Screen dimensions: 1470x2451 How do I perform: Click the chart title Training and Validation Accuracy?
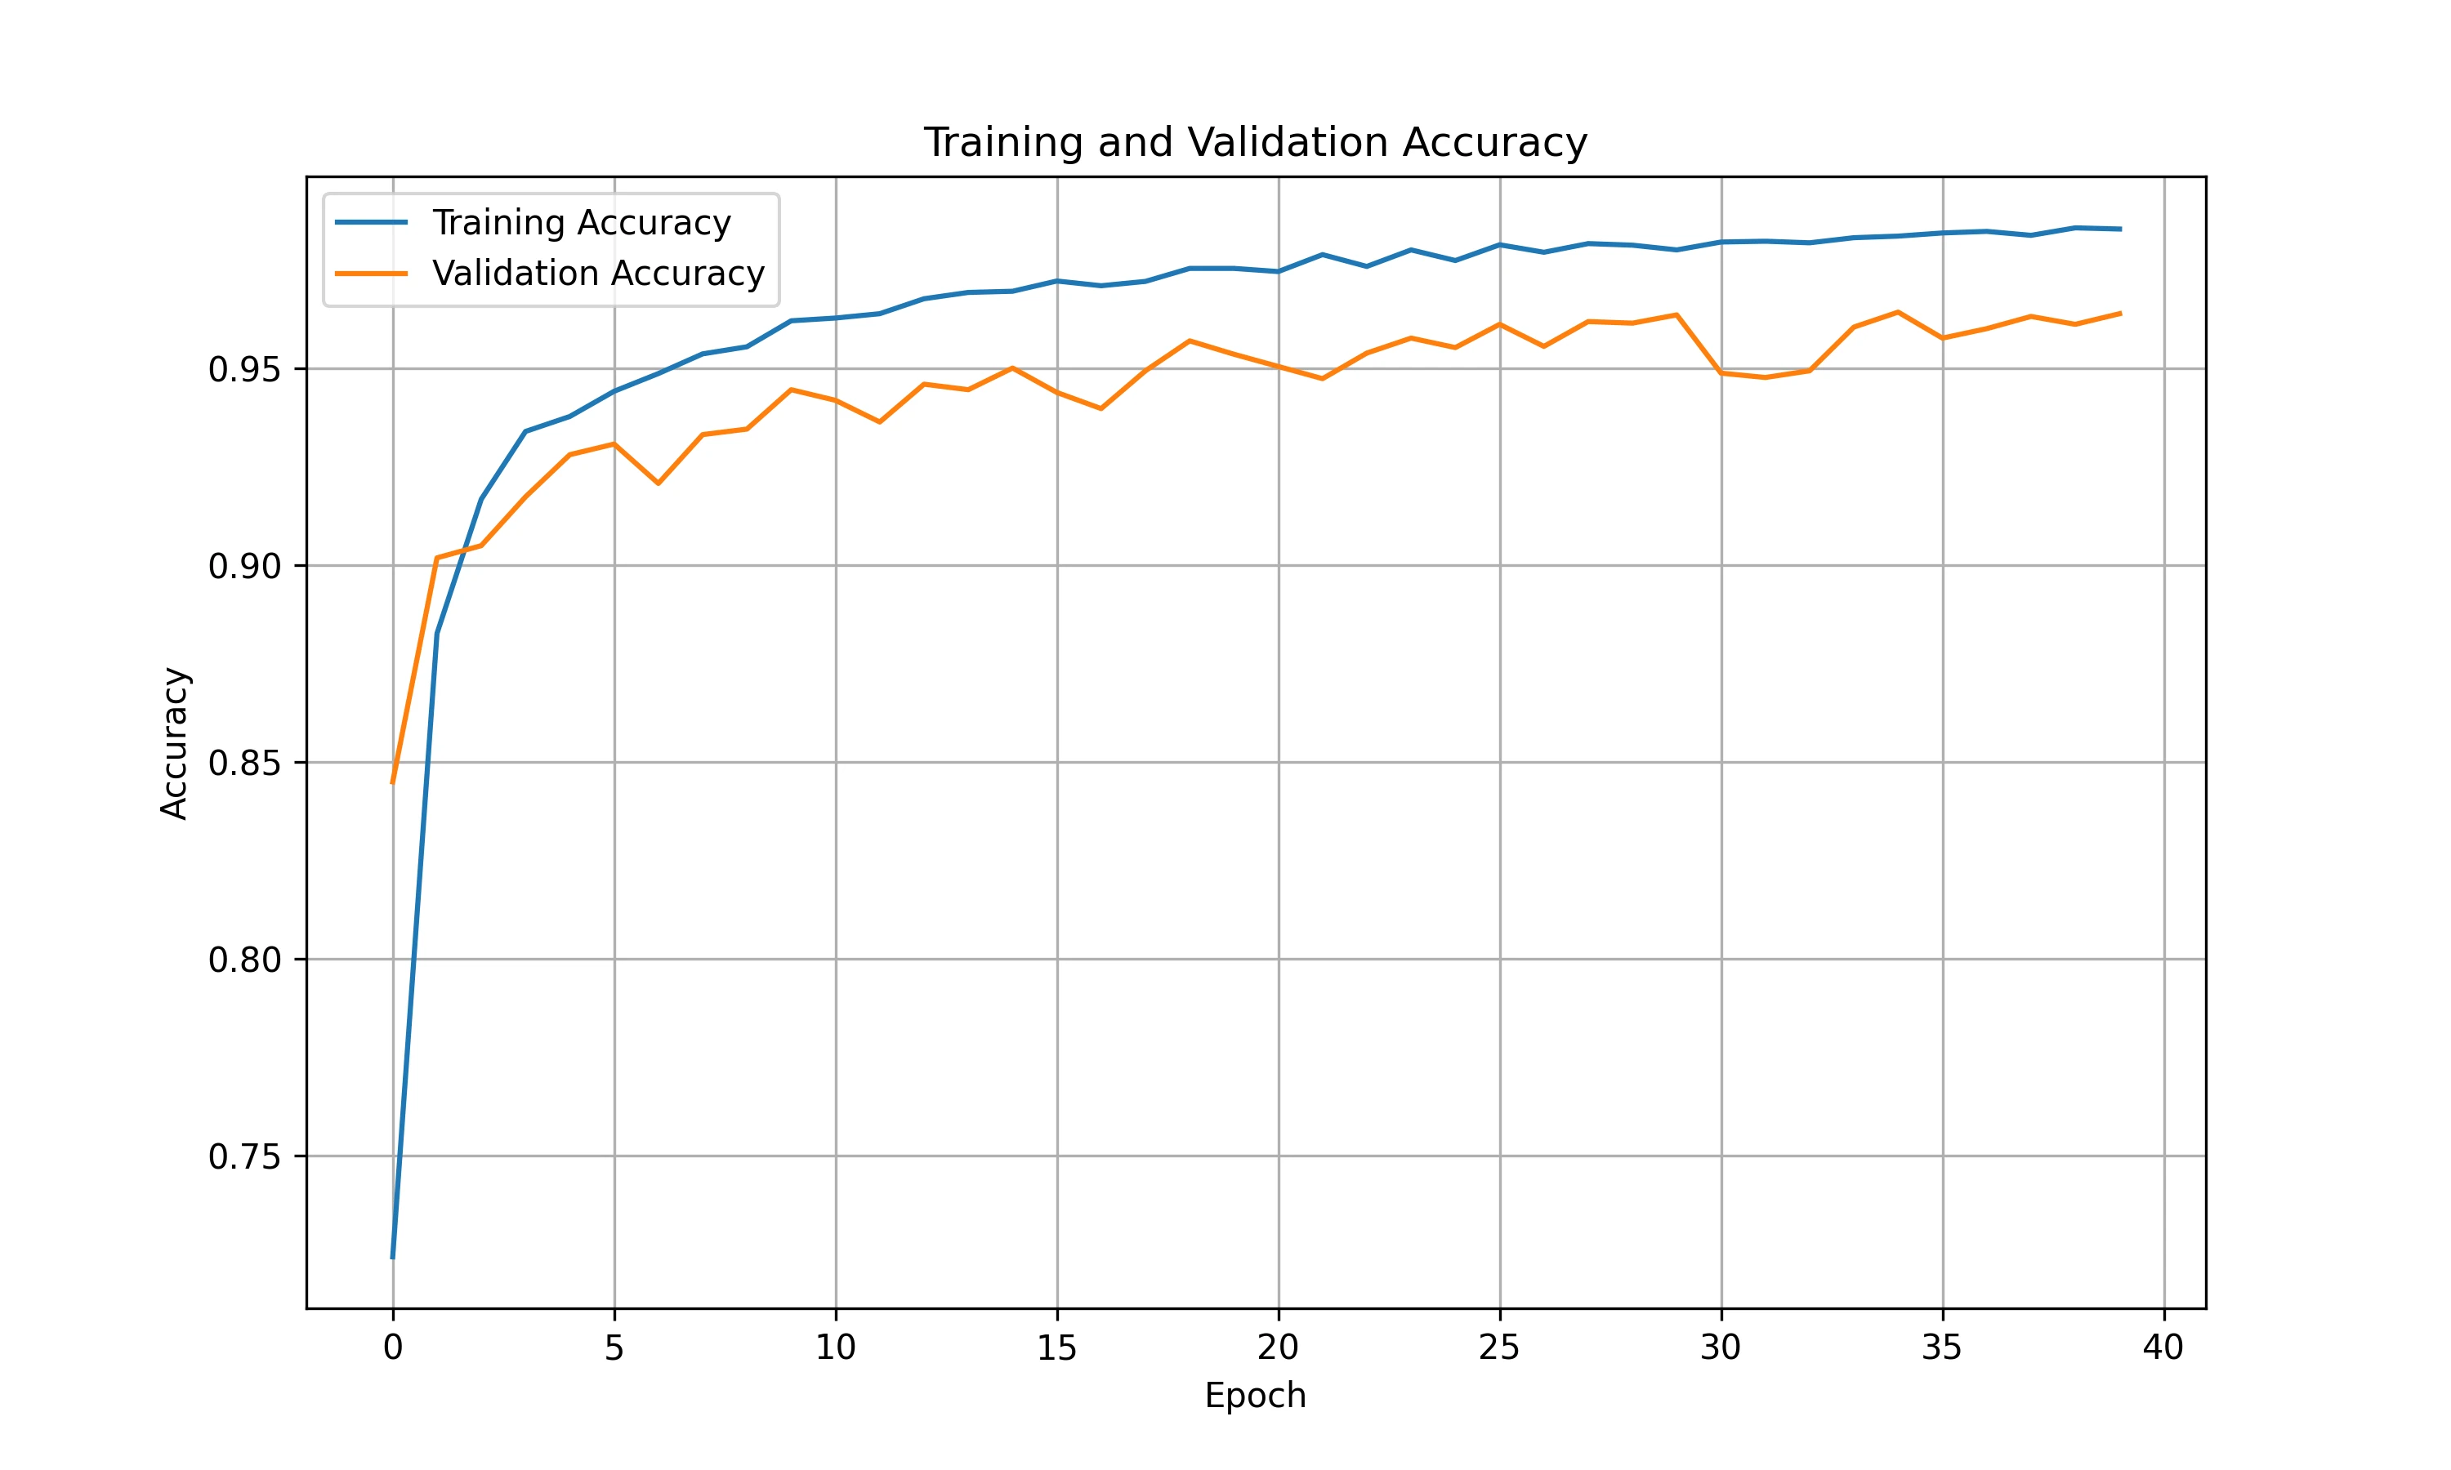[x=1255, y=143]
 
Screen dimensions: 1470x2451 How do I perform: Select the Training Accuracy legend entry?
[x=581, y=223]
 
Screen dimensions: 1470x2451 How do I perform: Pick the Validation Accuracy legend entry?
[x=597, y=274]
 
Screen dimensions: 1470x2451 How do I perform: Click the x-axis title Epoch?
[x=1255, y=1395]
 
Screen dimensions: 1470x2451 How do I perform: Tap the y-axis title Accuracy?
[x=174, y=743]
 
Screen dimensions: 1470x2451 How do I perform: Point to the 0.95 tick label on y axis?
[x=243, y=369]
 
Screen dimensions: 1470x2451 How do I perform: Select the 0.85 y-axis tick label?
[x=243, y=763]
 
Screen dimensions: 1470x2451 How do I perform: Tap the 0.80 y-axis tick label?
[x=243, y=960]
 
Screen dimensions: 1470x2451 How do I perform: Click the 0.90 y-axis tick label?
[x=243, y=567]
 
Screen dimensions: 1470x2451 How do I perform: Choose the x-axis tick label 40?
[x=2163, y=1347]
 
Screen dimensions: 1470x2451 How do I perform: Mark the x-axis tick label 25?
[x=1499, y=1347]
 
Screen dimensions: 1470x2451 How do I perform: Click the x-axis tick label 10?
[x=835, y=1347]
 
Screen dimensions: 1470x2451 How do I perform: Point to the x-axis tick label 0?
[x=393, y=1347]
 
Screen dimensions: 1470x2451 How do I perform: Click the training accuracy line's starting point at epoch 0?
[x=393, y=1257]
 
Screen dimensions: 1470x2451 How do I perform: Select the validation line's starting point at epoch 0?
[x=393, y=782]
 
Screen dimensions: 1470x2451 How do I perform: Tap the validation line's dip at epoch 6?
[x=659, y=483]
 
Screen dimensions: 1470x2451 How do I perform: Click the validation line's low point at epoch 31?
[x=1766, y=377]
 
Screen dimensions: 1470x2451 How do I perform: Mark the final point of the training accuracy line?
[x=2120, y=229]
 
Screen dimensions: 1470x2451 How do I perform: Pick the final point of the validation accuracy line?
[x=2120, y=313]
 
